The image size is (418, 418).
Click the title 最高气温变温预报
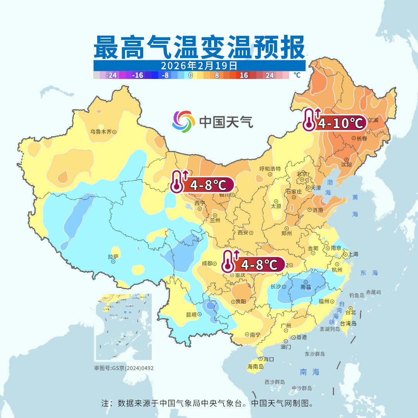pyautogui.click(x=199, y=47)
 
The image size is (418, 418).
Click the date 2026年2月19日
pyautogui.click(x=199, y=65)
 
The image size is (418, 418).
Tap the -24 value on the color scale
pyautogui.click(x=111, y=75)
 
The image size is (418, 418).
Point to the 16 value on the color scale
pyautogui.click(x=243, y=75)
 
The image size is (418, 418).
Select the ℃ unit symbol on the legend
pyautogui.click(x=296, y=75)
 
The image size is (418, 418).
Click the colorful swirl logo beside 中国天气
pyautogui.click(x=183, y=121)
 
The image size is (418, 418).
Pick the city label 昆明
pyautogui.click(x=191, y=315)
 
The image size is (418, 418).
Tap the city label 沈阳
pyautogui.click(x=346, y=164)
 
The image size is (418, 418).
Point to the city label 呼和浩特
pyautogui.click(x=270, y=169)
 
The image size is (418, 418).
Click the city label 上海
pyautogui.click(x=353, y=254)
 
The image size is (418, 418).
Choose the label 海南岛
pyautogui.click(x=255, y=366)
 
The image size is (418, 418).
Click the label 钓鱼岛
pyautogui.click(x=356, y=295)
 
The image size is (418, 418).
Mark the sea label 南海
pyautogui.click(x=310, y=372)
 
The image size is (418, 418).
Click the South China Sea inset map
pyautogui.click(x=123, y=327)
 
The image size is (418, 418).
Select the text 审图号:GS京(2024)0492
pyautogui.click(x=123, y=368)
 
